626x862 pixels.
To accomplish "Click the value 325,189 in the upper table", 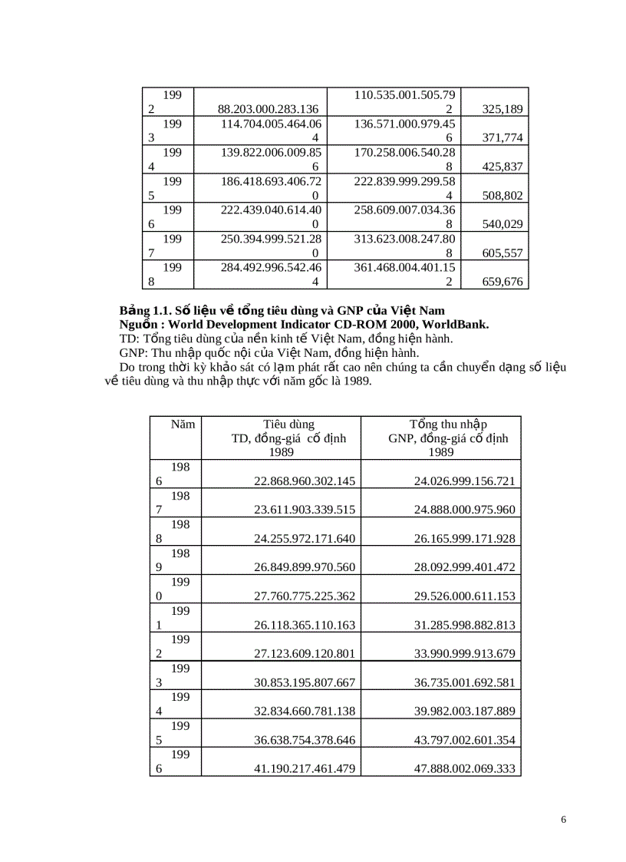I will click(502, 110).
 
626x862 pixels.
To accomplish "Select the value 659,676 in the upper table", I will click(502, 282).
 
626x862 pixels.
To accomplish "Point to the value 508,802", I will click(502, 196).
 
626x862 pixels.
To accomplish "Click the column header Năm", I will click(183, 424).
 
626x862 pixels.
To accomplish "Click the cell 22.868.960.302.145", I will click(305, 481).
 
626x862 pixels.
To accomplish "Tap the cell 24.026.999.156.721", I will click(464, 481).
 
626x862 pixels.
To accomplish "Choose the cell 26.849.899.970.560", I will click(305, 567).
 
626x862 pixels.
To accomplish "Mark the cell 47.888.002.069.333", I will click(464, 768).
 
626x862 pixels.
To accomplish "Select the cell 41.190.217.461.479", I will click(305, 768).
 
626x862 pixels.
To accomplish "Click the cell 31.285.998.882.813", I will click(464, 625).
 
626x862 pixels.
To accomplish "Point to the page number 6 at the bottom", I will click(564, 820).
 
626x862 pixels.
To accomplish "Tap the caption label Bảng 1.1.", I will click(143, 311).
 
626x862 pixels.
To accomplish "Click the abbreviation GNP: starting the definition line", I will click(134, 353).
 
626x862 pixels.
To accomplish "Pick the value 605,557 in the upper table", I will click(502, 253).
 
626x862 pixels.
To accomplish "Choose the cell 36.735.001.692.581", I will click(464, 682).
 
